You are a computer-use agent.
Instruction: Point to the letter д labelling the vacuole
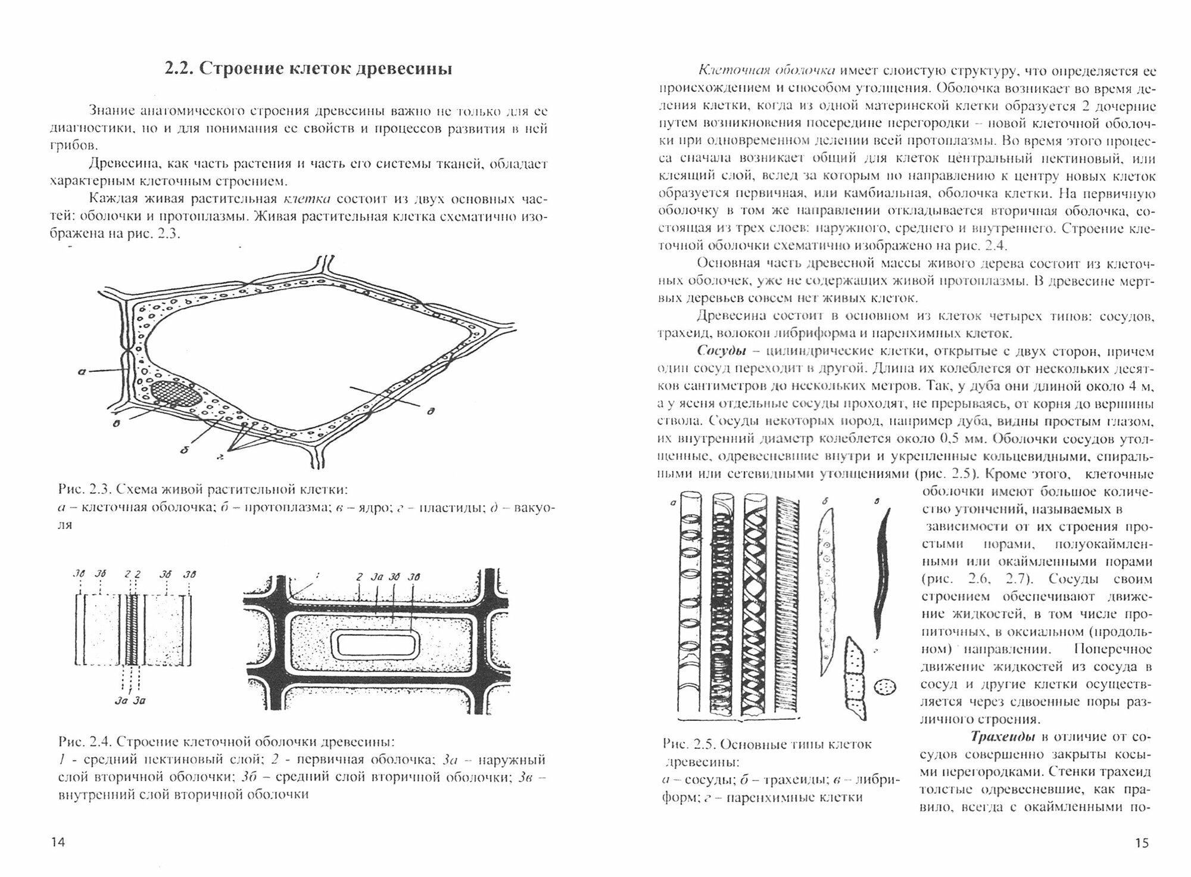pos(429,410)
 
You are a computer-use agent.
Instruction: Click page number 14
pos(58,842)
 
